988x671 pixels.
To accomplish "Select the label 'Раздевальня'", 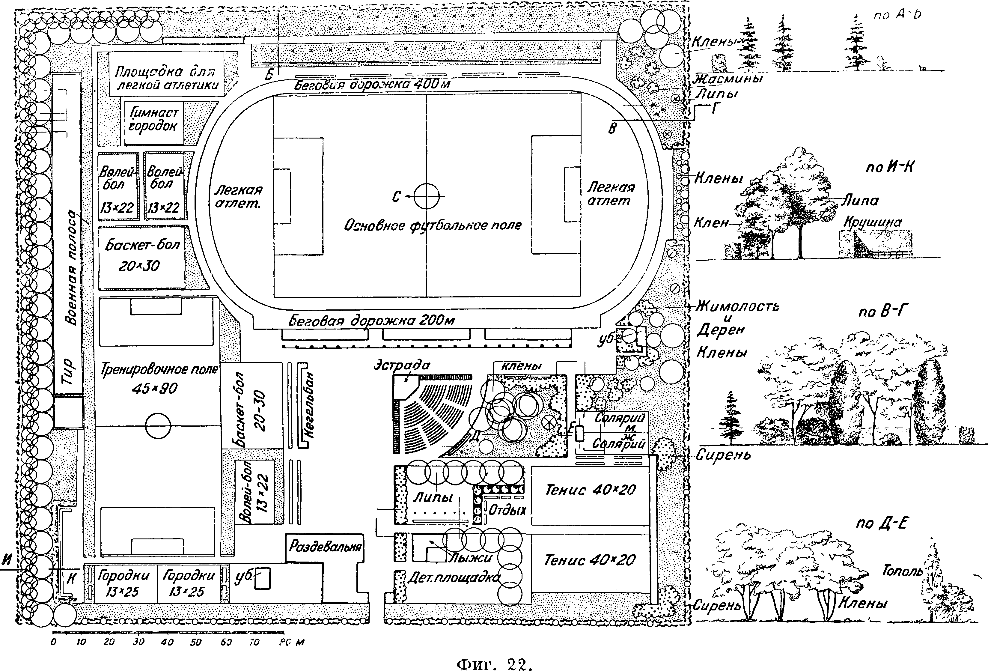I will tap(325, 546).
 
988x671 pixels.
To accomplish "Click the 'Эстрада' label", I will tap(402, 365).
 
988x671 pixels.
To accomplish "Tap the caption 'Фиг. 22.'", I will tap(494, 663).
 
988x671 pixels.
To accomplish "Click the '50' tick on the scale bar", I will tap(195, 642).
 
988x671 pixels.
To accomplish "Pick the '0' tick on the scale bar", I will tap(54, 642).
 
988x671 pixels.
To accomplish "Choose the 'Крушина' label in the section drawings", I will tap(872, 223).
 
